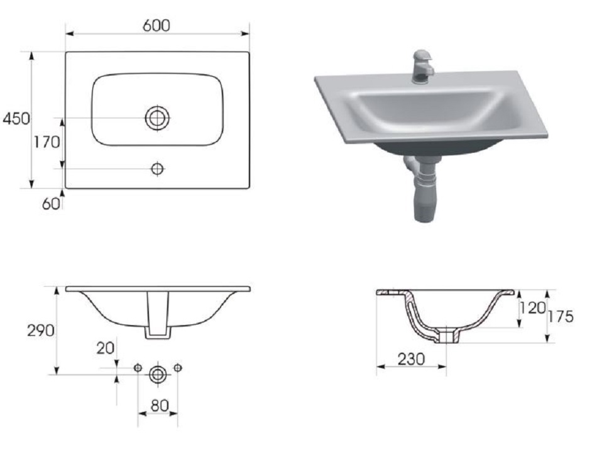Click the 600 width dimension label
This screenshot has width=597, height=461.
pyautogui.click(x=156, y=26)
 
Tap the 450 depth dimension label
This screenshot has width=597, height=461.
pyautogui.click(x=16, y=118)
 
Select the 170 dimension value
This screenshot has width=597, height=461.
pyautogui.click(x=47, y=142)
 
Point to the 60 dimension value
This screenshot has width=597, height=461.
pyautogui.click(x=51, y=204)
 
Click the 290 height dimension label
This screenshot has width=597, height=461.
pyautogui.click(x=41, y=330)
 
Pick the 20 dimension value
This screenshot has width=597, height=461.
pyautogui.click(x=105, y=348)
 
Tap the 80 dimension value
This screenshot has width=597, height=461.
pyautogui.click(x=159, y=406)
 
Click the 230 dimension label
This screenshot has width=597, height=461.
pyautogui.click(x=411, y=358)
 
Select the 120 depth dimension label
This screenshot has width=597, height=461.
pyautogui.click(x=533, y=308)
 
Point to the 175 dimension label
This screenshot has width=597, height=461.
pyautogui.click(x=561, y=316)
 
